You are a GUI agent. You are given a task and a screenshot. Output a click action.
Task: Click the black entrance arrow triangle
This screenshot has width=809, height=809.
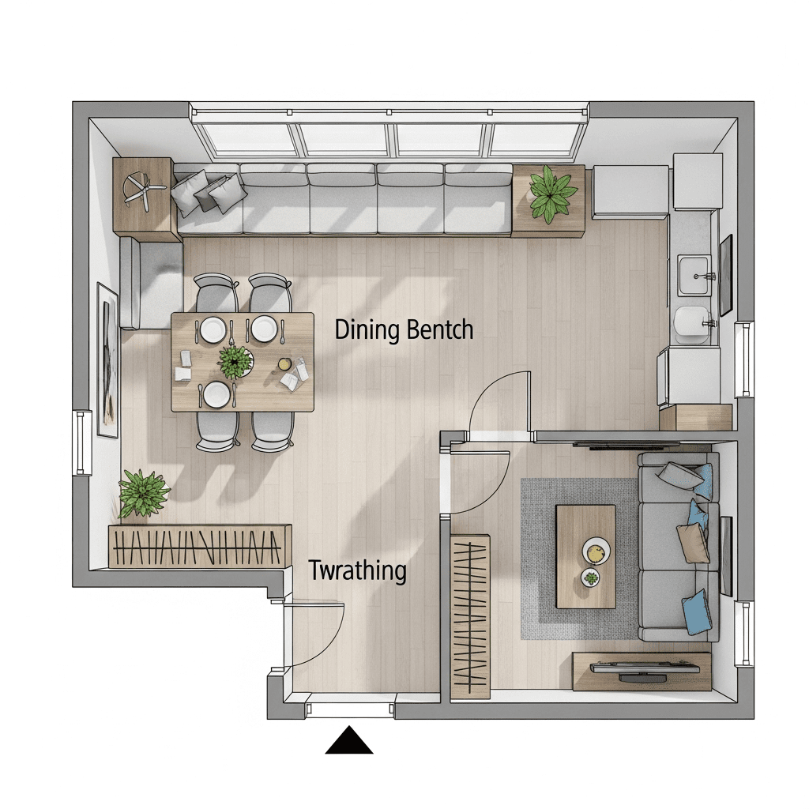[349, 741]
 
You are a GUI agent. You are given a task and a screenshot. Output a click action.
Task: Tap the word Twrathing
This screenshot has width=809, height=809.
[358, 571]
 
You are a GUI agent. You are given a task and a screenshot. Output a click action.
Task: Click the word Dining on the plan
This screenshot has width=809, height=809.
[367, 330]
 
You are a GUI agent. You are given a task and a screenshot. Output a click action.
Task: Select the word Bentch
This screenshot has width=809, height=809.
[439, 329]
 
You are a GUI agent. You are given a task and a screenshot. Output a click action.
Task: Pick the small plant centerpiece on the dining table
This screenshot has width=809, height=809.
[235, 362]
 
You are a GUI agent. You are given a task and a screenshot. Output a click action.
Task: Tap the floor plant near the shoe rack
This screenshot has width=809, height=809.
[142, 493]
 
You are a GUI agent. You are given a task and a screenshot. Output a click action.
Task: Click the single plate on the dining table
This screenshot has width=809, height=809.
[216, 394]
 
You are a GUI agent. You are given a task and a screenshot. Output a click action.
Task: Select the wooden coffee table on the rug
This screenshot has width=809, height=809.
[585, 557]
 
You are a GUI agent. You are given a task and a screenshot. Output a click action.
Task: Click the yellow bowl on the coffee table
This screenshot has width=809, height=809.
[596, 551]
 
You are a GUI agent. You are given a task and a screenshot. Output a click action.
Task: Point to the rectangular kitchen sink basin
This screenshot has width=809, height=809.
[694, 276]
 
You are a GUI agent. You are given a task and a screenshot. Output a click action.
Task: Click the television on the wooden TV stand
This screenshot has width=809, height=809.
[645, 669]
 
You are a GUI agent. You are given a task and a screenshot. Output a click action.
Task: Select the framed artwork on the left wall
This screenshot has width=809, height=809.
[108, 360]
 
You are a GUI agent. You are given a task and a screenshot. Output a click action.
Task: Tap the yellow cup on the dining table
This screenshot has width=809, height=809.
[284, 364]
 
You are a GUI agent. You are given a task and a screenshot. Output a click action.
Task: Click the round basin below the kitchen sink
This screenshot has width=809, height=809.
[691, 325]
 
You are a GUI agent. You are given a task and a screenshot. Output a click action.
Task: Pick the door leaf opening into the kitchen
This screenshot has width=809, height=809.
[529, 401]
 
